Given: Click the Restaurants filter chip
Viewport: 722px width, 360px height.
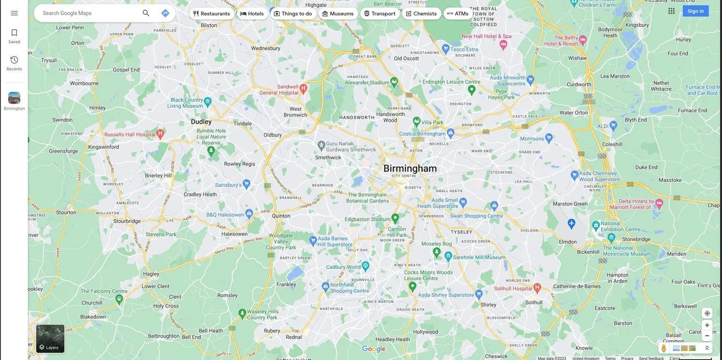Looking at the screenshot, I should pyautogui.click(x=211, y=13).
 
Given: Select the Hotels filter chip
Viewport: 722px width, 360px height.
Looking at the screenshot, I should pyautogui.click(x=252, y=13).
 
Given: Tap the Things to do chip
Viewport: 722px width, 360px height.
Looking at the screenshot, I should pyautogui.click(x=293, y=13).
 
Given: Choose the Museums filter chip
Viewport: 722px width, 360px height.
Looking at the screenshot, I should pyautogui.click(x=338, y=13).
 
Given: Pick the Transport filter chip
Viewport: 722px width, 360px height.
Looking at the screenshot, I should pyautogui.click(x=380, y=13).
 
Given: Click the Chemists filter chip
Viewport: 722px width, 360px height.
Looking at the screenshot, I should pyautogui.click(x=421, y=13).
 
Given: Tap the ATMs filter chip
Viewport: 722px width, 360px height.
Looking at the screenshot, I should pyautogui.click(x=457, y=13).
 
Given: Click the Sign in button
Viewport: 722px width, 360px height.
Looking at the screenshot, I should pyautogui.click(x=695, y=11).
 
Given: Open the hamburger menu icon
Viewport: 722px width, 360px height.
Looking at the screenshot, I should pyautogui.click(x=14, y=13).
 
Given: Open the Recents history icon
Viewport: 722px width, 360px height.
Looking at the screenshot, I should pyautogui.click(x=14, y=63).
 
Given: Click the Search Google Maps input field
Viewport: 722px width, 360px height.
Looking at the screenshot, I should pyautogui.click(x=89, y=13).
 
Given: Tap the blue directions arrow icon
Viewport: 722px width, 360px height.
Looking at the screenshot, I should pyautogui.click(x=165, y=13).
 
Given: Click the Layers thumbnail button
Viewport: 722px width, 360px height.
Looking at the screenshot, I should pyautogui.click(x=50, y=339).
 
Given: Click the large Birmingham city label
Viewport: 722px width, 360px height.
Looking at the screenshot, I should pyautogui.click(x=410, y=168).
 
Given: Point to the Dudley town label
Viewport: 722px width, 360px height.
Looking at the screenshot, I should pyautogui.click(x=201, y=122).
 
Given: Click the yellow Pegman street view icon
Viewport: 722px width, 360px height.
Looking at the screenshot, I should pyautogui.click(x=664, y=348).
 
